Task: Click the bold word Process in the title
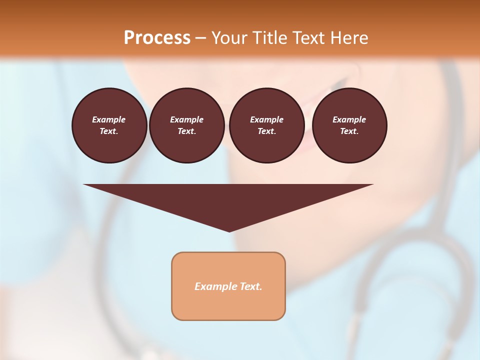click(157, 37)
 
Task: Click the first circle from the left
click(109, 125)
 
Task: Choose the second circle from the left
click(187, 125)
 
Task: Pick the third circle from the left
click(267, 125)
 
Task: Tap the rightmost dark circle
click(349, 125)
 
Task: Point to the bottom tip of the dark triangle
click(229, 231)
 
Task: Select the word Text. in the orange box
click(250, 286)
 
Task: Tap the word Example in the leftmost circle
click(109, 119)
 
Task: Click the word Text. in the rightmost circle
click(349, 131)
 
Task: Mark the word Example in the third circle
click(267, 119)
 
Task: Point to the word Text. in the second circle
click(187, 131)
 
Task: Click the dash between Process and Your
click(201, 38)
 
